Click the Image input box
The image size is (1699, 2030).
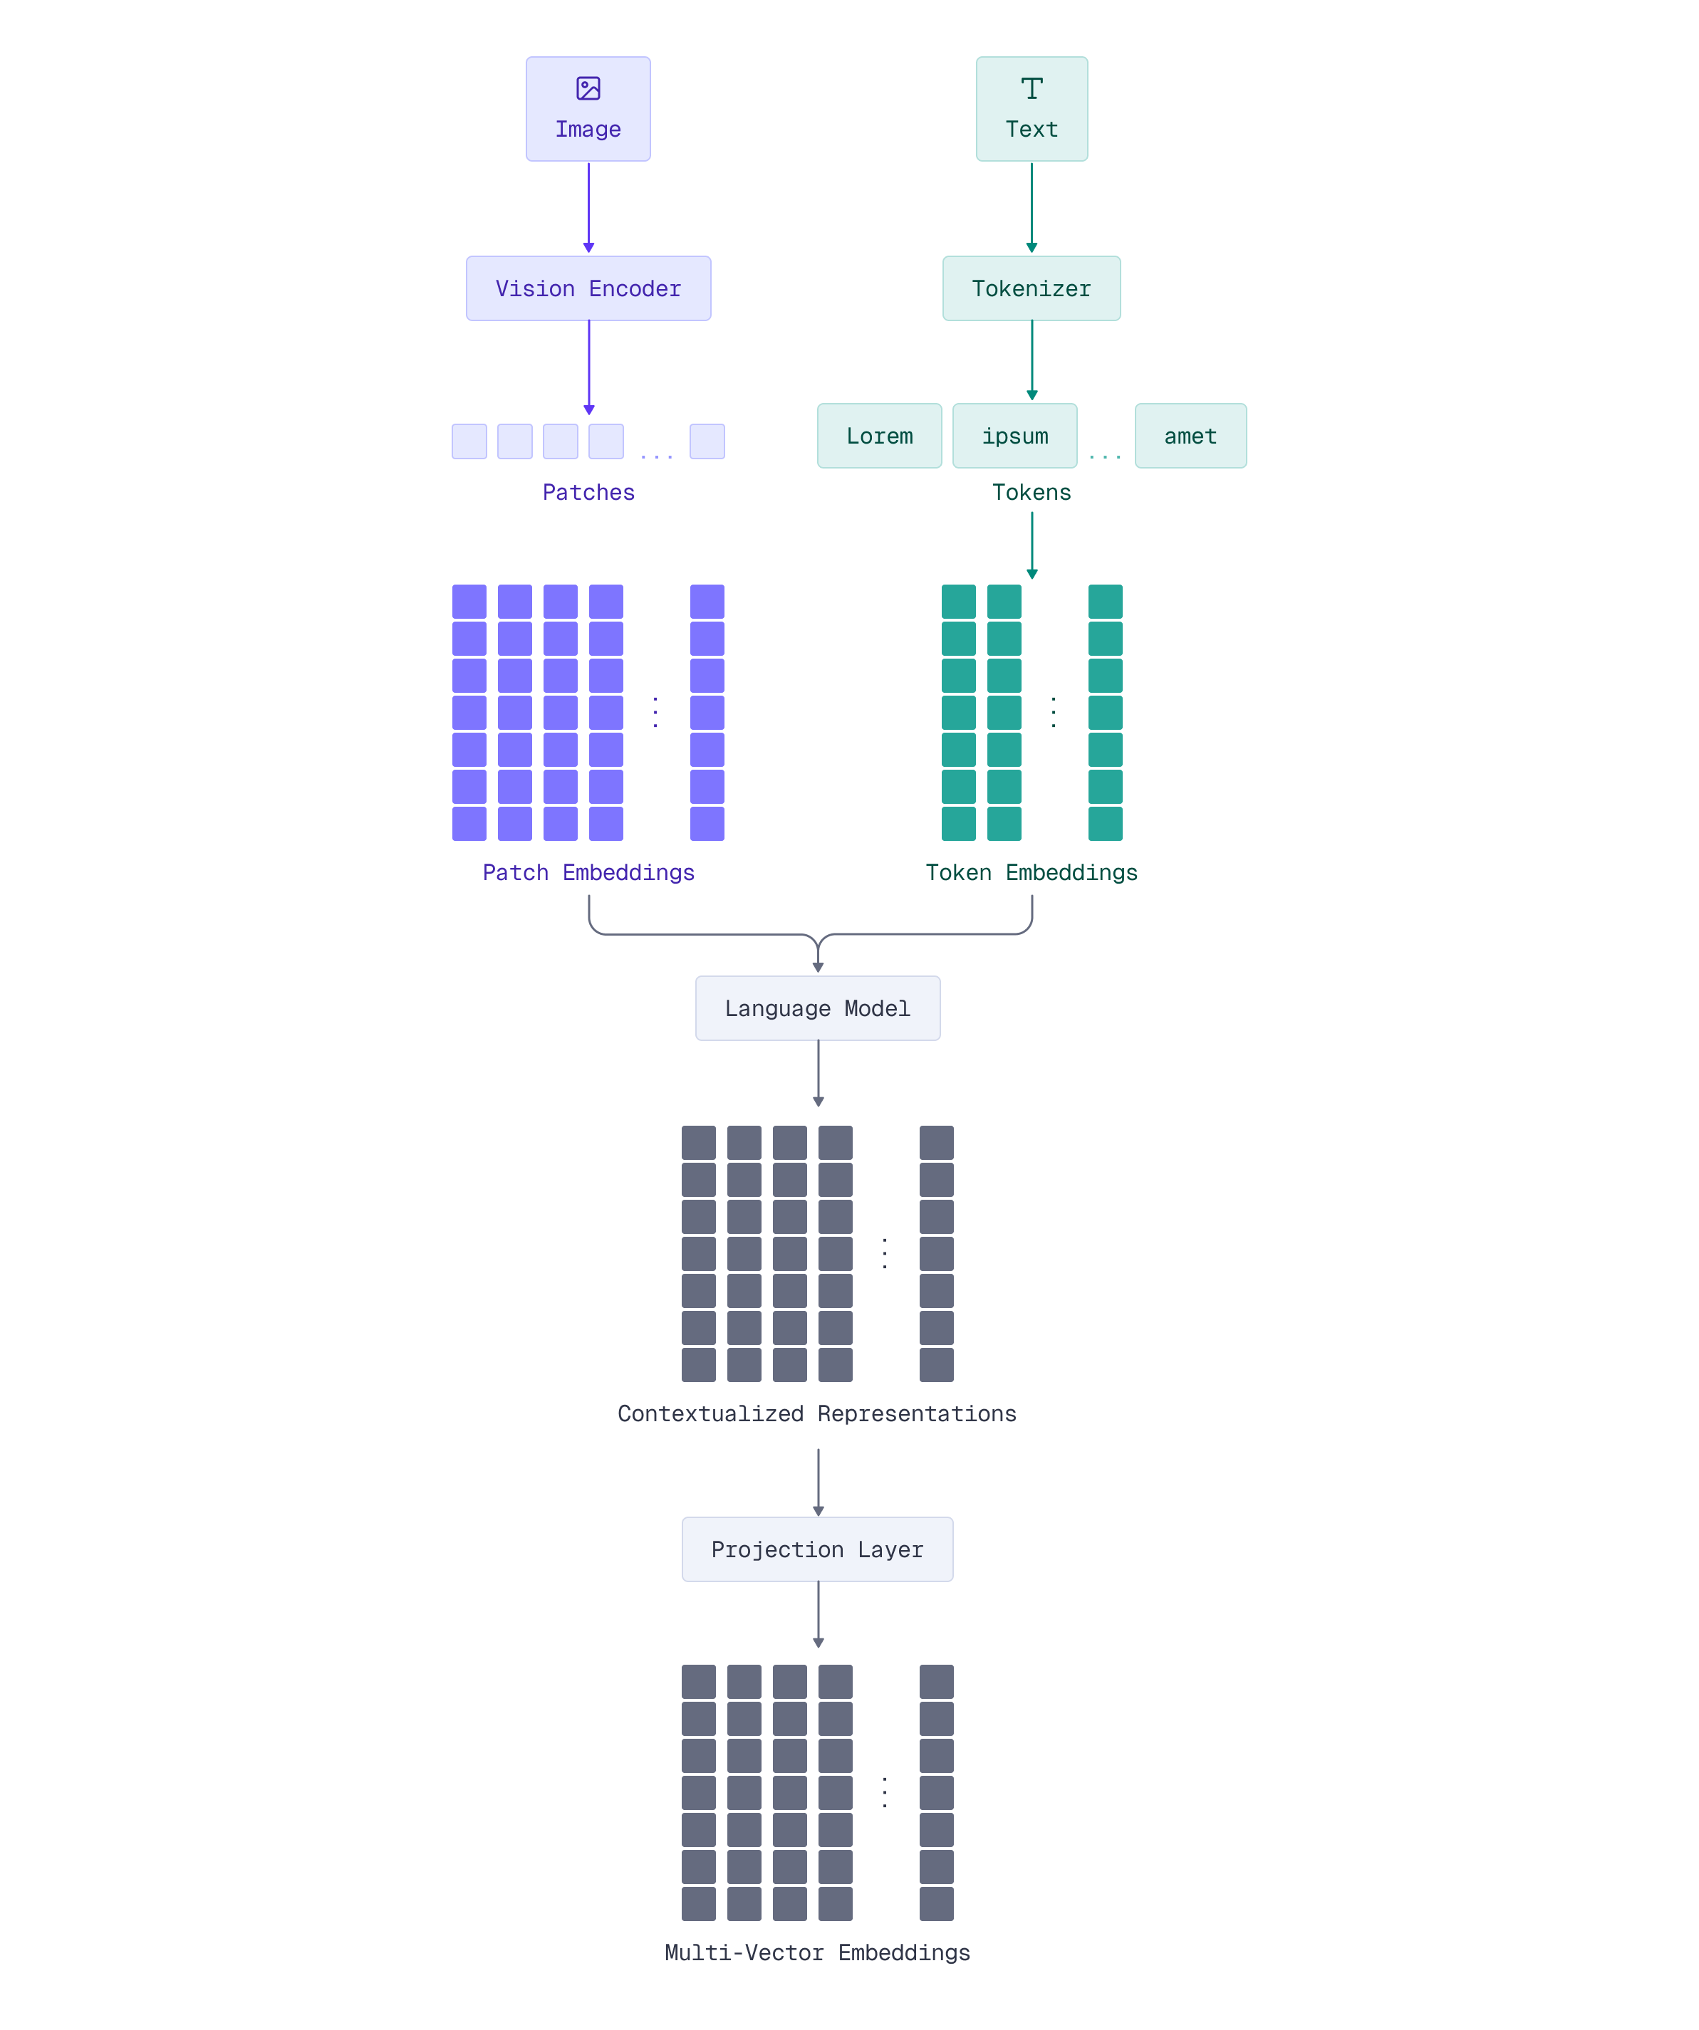click(x=588, y=109)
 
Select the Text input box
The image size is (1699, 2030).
click(x=1031, y=109)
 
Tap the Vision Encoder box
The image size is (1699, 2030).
click(x=588, y=288)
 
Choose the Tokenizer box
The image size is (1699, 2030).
click(x=1031, y=288)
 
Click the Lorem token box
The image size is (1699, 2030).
click(x=879, y=436)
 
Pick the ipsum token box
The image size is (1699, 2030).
click(x=1014, y=436)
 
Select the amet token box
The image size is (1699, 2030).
click(x=1190, y=436)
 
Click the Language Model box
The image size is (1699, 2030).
click(x=817, y=1008)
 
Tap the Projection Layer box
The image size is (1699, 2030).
click(x=817, y=1549)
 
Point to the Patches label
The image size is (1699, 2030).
click(x=588, y=492)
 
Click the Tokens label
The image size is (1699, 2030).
click(x=1031, y=492)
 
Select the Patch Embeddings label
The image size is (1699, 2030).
click(x=588, y=873)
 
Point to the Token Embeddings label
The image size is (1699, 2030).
click(x=1031, y=873)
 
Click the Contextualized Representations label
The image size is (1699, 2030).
click(x=817, y=1414)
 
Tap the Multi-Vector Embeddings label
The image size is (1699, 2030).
click(x=817, y=1952)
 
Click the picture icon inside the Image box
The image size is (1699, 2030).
click(x=588, y=88)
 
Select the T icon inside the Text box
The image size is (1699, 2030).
click(x=1032, y=88)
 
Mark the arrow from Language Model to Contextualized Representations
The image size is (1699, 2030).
click(x=818, y=1073)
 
